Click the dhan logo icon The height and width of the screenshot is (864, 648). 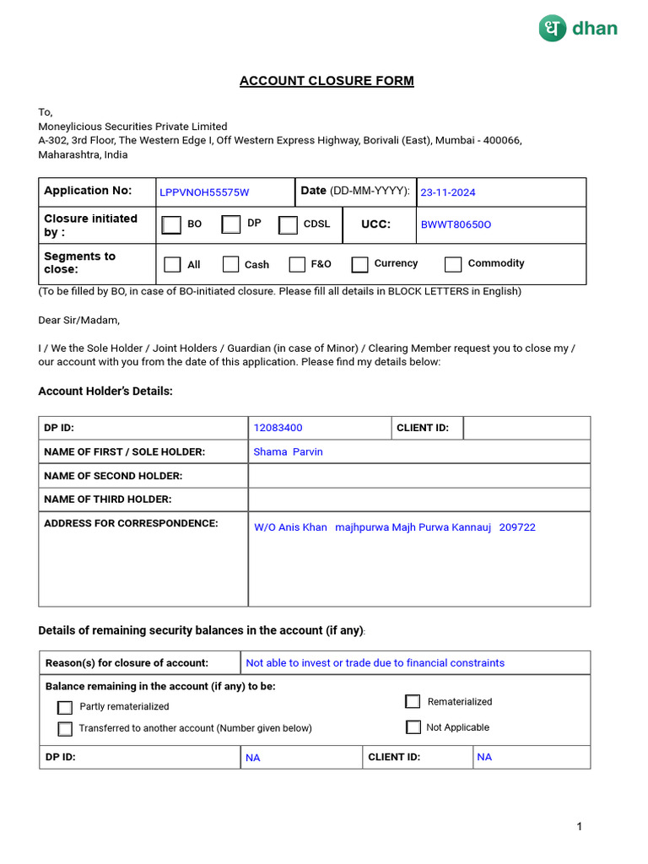[x=553, y=28]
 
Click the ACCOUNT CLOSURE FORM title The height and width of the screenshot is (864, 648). [x=327, y=81]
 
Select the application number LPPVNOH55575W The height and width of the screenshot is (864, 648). [x=204, y=192]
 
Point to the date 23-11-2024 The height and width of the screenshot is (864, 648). [x=448, y=192]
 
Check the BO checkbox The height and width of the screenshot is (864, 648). [x=171, y=224]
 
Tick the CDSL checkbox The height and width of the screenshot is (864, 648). [x=289, y=224]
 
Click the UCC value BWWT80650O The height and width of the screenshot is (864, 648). [x=456, y=224]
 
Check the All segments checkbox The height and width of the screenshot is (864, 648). [x=172, y=264]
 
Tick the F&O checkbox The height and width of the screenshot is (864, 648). [x=297, y=264]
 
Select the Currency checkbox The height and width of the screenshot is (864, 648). [x=360, y=264]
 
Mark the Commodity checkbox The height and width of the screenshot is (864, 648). [x=453, y=264]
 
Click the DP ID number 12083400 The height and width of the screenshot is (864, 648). [x=278, y=428]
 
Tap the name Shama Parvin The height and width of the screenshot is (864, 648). [x=288, y=451]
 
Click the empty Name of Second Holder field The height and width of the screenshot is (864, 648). [x=418, y=475]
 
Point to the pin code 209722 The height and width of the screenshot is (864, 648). [x=517, y=527]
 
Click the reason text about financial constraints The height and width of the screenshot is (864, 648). [x=375, y=663]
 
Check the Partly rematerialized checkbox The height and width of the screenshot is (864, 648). [x=65, y=707]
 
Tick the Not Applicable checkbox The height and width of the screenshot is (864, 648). [x=413, y=727]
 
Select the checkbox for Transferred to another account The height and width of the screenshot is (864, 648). [x=65, y=729]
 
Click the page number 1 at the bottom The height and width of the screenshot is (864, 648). [x=580, y=827]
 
